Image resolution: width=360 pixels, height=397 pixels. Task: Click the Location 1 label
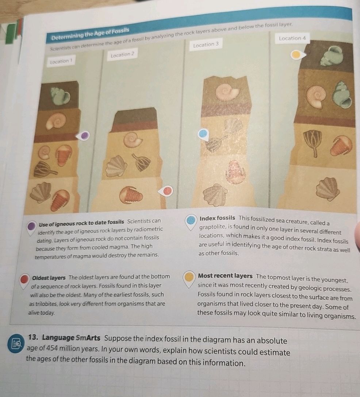pyautogui.click(x=61, y=61)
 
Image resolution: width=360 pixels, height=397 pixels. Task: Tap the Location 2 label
pyautogui.click(x=123, y=54)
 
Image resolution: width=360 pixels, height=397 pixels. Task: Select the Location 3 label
pyautogui.click(x=206, y=45)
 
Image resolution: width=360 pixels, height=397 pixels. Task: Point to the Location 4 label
pyautogui.click(x=292, y=38)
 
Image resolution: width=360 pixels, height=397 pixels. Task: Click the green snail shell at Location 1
pyautogui.click(x=60, y=96)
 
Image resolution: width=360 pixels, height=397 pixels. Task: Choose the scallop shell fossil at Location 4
pyautogui.click(x=328, y=189)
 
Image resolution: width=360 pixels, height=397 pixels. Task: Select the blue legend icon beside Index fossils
pyautogui.click(x=191, y=221)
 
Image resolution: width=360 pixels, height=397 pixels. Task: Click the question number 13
pyautogui.click(x=33, y=337)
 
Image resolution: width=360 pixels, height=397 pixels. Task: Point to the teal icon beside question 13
pyautogui.click(x=16, y=343)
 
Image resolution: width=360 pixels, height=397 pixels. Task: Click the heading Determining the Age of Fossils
pyautogui.click(x=90, y=34)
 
